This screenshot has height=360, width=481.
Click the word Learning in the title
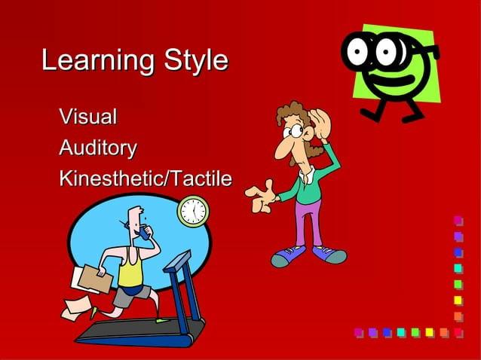point(88,60)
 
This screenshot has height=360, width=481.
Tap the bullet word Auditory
point(98,148)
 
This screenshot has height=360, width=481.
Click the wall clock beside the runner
point(193,212)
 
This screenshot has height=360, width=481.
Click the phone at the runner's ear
point(142,233)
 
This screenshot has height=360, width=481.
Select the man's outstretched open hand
point(261,196)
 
